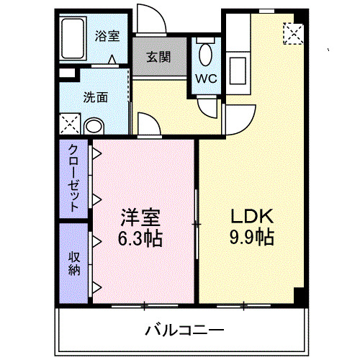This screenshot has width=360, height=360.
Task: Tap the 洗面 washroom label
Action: coord(95,96)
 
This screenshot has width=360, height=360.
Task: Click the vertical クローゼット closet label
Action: coord(74,177)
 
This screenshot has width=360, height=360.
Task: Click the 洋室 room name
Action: coord(140,217)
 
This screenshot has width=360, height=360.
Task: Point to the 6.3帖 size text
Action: coord(140,237)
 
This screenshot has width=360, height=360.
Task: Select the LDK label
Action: coord(251,217)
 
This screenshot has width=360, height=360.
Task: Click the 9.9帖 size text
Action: coord(251,237)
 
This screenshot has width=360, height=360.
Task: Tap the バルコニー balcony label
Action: coord(184,330)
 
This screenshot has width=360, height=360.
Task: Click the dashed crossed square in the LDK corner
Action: coord(293,32)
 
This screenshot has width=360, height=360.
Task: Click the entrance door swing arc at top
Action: coord(153,17)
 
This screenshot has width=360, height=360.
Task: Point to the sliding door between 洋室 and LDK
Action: coord(197,224)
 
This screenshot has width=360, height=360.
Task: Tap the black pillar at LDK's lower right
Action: coord(301,295)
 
